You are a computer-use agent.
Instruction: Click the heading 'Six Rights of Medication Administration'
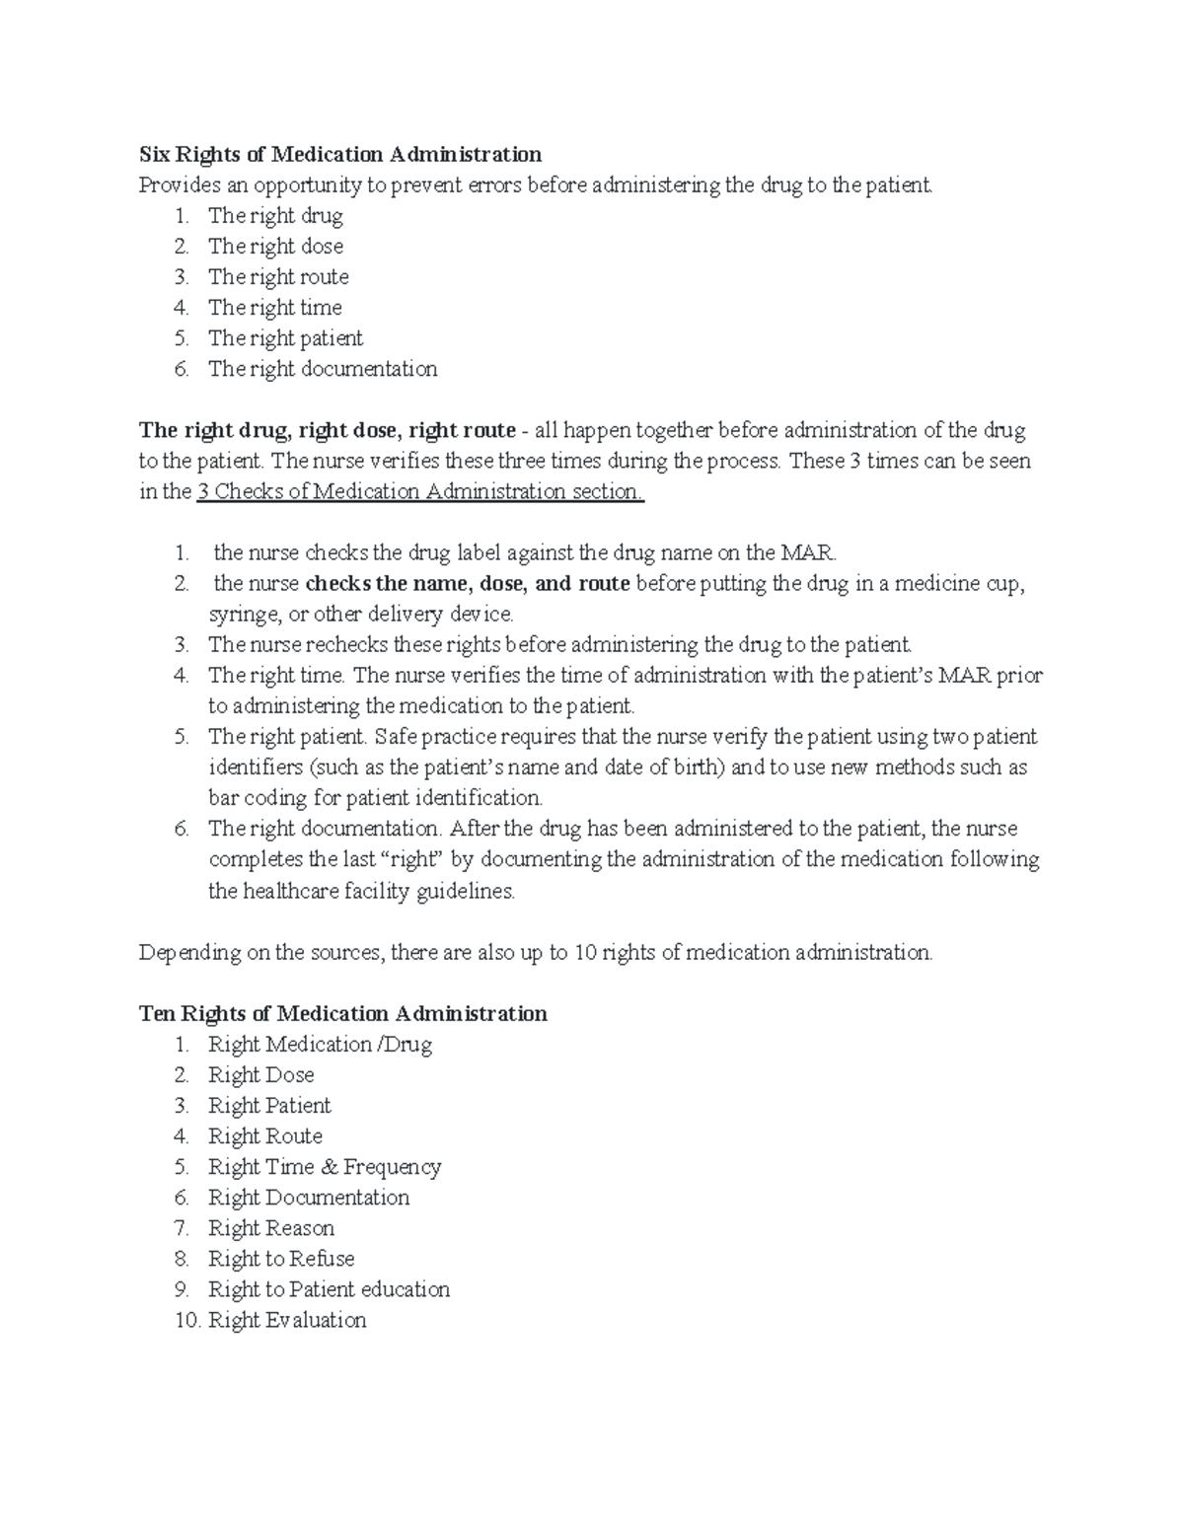[340, 154]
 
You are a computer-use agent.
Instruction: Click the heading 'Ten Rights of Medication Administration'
[342, 1013]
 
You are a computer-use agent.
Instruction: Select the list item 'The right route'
[278, 276]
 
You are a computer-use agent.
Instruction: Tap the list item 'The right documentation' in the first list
[322, 369]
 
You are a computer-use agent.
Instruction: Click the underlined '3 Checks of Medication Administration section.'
[420, 491]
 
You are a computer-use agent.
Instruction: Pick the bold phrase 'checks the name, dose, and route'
[468, 583]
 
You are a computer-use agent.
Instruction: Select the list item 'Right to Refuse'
[281, 1258]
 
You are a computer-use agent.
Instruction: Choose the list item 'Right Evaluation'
[287, 1320]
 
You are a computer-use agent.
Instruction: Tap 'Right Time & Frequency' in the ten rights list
[325, 1166]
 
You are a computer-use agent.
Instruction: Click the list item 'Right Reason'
[271, 1227]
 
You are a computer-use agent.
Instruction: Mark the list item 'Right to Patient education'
[329, 1289]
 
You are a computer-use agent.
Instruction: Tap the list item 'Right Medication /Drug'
[320, 1044]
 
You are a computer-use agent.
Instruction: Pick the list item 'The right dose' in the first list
[275, 246]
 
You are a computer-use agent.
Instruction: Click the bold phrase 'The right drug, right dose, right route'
[328, 430]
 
